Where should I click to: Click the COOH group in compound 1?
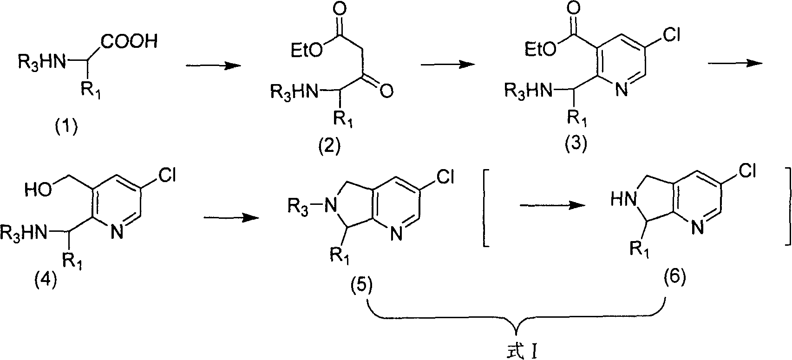(129, 42)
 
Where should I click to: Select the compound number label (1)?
(66, 127)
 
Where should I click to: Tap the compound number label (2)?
(329, 146)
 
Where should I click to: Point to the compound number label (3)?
(575, 144)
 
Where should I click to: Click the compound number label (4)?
(45, 281)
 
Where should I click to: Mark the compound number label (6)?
(674, 277)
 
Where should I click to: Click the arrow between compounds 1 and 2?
(213, 66)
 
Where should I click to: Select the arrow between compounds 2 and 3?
(448, 64)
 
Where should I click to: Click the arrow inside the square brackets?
(552, 205)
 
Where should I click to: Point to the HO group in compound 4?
(38, 191)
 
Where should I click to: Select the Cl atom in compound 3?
(671, 36)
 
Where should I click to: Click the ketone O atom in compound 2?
(386, 92)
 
